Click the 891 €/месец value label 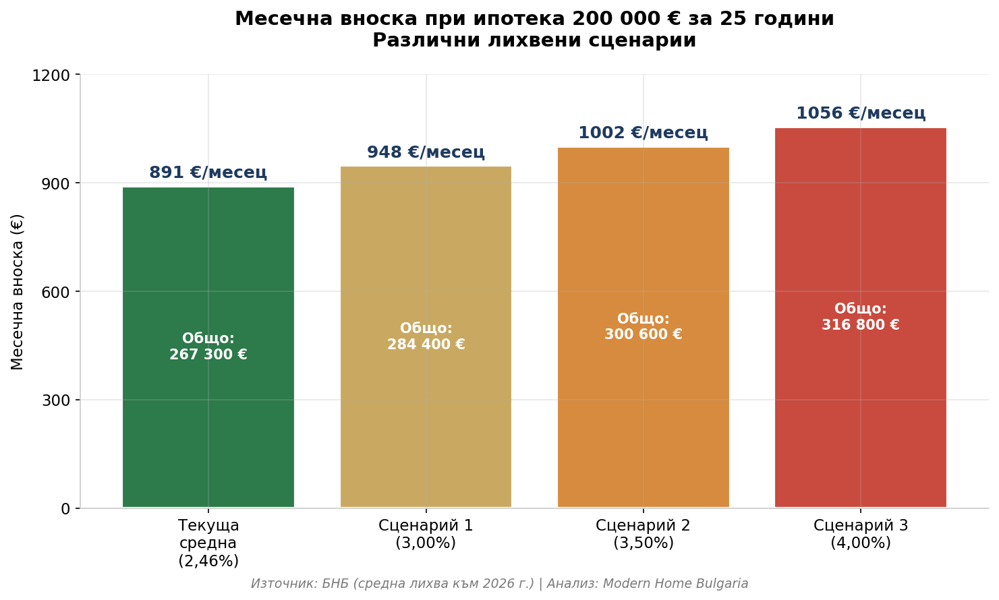click(208, 173)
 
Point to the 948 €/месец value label click(426, 152)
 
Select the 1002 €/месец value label click(643, 133)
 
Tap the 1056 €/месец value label click(860, 113)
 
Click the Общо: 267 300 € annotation click(208, 347)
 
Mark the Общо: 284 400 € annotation click(426, 336)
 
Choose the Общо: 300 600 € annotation click(643, 327)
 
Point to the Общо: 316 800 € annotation click(860, 317)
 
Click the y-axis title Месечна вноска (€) click(18, 291)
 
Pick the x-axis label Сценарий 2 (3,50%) click(643, 534)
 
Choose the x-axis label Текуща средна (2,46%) click(208, 543)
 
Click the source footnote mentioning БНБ click(499, 584)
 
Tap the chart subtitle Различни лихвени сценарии click(534, 40)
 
